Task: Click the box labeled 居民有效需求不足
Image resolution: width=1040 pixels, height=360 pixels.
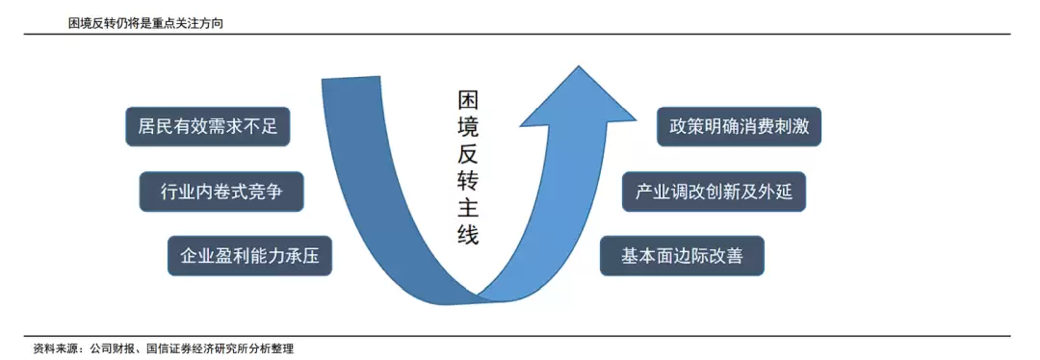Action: point(208,126)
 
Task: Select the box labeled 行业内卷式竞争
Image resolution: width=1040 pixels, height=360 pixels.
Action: point(221,192)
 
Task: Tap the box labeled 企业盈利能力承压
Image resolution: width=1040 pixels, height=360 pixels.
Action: point(249,256)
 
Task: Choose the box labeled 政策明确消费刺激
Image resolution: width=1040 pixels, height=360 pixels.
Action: point(739,126)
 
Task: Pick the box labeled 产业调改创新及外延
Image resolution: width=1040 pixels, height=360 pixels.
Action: point(714,192)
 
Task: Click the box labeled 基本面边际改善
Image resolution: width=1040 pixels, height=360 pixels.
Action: point(682,256)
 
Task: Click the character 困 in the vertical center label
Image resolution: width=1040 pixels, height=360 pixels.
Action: point(468,100)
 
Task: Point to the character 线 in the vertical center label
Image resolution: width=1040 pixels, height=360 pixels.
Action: point(468,236)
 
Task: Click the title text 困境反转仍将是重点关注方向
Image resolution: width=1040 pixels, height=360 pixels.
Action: point(145,24)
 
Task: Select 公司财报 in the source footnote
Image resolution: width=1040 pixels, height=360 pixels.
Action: point(113,348)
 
